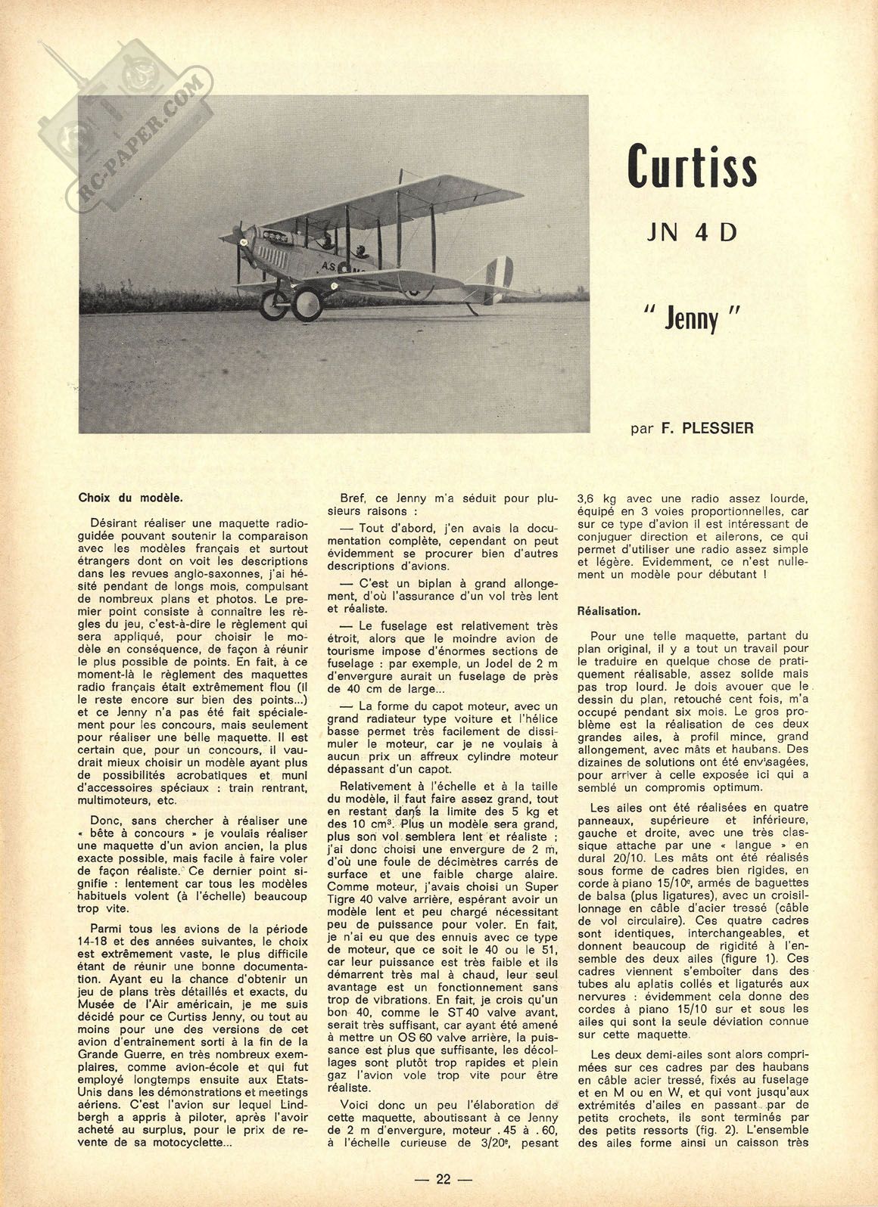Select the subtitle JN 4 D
(x=691, y=231)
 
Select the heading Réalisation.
(x=609, y=610)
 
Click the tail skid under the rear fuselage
(x=473, y=309)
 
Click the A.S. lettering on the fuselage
(x=330, y=266)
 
